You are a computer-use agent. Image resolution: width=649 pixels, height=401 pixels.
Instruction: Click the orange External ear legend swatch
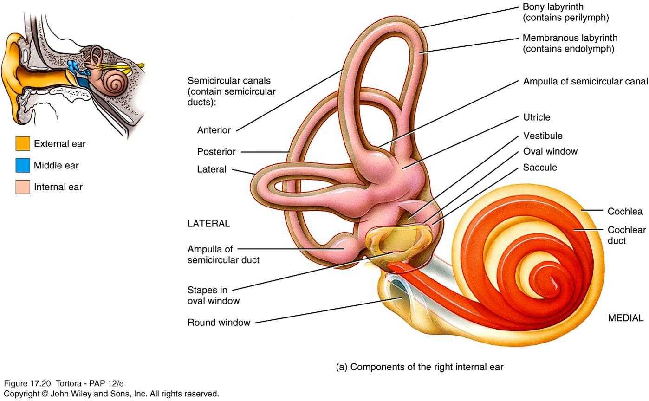click(x=23, y=144)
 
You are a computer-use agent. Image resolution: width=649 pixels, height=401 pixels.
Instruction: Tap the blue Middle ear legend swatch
click(x=23, y=165)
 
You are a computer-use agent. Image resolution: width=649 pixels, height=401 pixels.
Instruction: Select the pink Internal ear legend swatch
click(x=23, y=187)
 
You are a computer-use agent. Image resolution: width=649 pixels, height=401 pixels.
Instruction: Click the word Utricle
click(x=536, y=117)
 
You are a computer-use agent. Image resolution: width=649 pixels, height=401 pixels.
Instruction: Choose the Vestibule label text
click(x=543, y=136)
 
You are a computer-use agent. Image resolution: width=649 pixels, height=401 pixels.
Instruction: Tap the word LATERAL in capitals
click(x=208, y=223)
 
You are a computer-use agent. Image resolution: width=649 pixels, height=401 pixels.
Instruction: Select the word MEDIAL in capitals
click(x=626, y=318)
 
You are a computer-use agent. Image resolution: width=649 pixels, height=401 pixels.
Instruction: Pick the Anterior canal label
click(x=214, y=130)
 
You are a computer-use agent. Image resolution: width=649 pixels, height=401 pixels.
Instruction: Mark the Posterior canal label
click(x=216, y=152)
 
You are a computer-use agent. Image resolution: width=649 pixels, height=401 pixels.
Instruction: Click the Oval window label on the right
click(x=550, y=151)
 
